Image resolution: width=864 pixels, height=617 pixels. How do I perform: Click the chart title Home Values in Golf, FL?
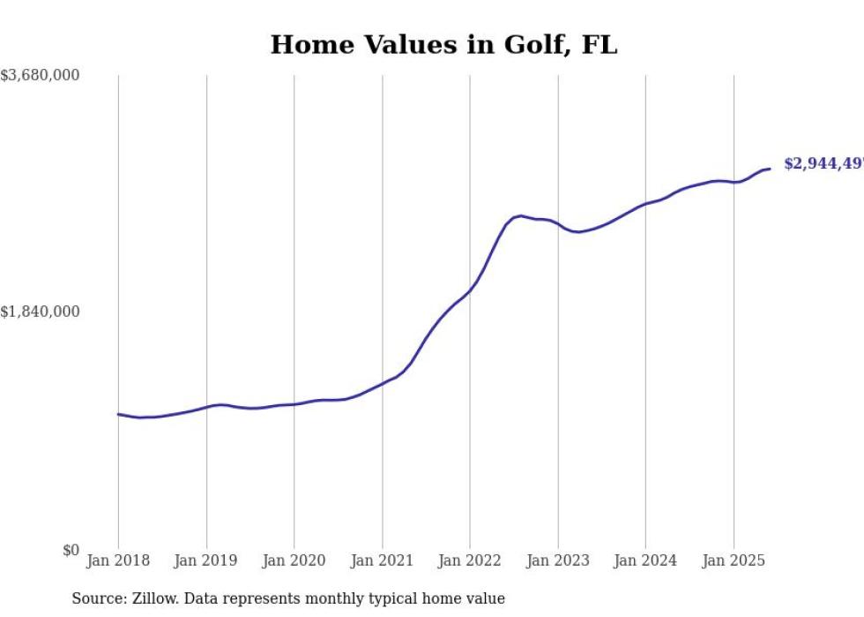pyautogui.click(x=443, y=44)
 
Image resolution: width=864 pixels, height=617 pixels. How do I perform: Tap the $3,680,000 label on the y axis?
pyautogui.click(x=41, y=76)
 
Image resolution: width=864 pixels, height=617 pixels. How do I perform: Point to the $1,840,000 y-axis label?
pyautogui.click(x=41, y=312)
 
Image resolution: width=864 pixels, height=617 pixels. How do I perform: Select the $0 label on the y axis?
pyautogui.click(x=71, y=551)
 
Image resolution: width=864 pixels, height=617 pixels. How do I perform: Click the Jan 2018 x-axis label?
pyautogui.click(x=118, y=561)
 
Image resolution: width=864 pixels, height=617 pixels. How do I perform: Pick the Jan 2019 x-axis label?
pyautogui.click(x=206, y=561)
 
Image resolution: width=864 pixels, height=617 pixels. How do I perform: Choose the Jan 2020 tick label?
pyautogui.click(x=294, y=561)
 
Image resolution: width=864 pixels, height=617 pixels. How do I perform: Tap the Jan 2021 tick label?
pyautogui.click(x=382, y=561)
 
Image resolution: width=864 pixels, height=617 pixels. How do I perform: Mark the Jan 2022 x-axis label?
pyautogui.click(x=470, y=561)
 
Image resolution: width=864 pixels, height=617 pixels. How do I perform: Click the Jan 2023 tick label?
pyautogui.click(x=557, y=561)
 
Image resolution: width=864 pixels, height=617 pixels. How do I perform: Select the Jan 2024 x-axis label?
pyautogui.click(x=645, y=561)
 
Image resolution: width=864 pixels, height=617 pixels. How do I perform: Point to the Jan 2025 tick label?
pyautogui.click(x=734, y=561)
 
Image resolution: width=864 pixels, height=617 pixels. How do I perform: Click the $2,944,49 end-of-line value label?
pyautogui.click(x=823, y=164)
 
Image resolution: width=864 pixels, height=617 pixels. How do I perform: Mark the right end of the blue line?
pyautogui.click(x=770, y=169)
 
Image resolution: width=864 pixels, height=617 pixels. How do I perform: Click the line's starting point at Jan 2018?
pyautogui.click(x=118, y=413)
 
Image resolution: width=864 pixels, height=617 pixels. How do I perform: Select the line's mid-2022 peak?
pyautogui.click(x=521, y=215)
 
